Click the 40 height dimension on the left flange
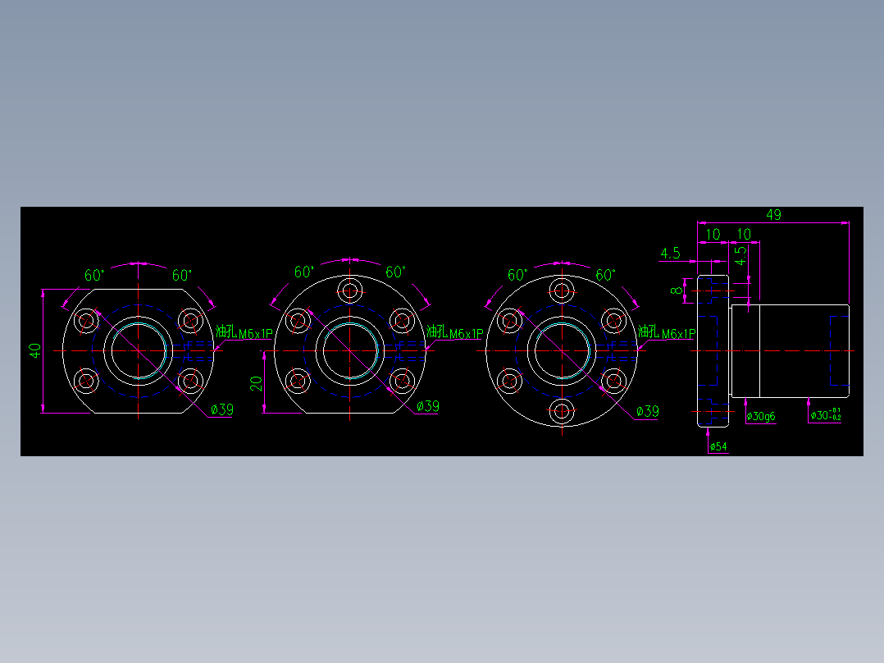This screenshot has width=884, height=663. pos(34,350)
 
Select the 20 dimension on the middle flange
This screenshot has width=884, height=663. pos(256,383)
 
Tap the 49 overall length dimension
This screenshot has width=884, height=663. pos(772,215)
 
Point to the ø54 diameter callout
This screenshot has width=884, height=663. pos(718,446)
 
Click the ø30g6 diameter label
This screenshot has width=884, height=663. pos(760,417)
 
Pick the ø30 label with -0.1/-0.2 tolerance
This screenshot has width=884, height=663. pos(824,415)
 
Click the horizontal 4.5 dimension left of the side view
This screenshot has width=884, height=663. pos(670,254)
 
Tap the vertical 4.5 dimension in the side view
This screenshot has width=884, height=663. pos(740,255)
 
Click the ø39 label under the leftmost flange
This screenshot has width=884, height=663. pos(221,409)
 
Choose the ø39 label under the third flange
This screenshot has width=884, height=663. pos(647,412)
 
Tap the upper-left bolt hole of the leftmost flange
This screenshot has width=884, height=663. pos(86,321)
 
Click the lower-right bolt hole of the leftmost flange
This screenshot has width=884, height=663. pos(190,380)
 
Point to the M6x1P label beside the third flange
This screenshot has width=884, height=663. pos(677,334)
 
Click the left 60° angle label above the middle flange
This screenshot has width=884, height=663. pos(304,272)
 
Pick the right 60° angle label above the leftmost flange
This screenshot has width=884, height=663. pos(181,276)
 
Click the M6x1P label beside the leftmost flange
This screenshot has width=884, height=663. pos(254,334)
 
